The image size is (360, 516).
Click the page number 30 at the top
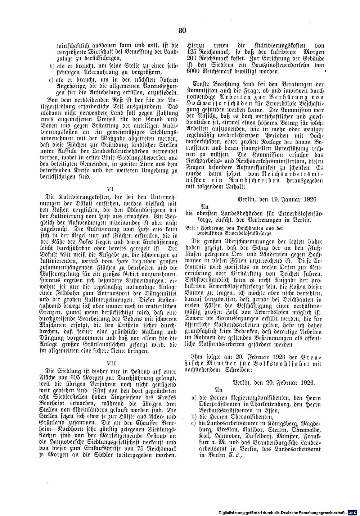click(181, 31)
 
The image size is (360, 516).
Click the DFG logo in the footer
click(353, 511)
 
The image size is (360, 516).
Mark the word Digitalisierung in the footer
click(234, 512)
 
